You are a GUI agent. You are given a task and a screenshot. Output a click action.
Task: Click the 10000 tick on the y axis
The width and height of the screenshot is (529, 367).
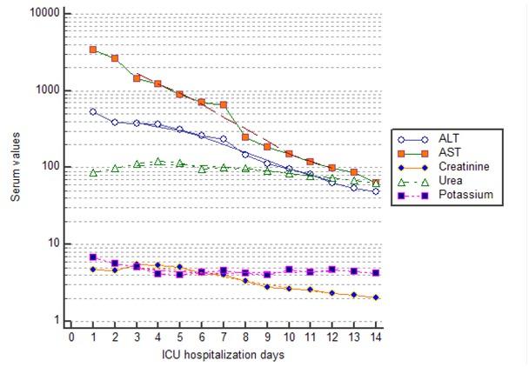click(45, 15)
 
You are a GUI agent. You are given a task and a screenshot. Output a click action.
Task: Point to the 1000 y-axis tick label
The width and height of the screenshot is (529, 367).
click(48, 90)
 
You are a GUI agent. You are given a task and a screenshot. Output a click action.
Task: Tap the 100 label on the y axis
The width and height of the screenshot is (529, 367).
click(50, 167)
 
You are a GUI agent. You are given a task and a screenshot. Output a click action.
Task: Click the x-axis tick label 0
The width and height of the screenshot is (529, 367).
click(71, 337)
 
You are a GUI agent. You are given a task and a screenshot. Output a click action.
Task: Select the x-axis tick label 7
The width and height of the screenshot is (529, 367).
click(224, 337)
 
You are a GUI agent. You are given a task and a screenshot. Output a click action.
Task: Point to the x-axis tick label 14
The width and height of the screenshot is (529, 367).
click(375, 337)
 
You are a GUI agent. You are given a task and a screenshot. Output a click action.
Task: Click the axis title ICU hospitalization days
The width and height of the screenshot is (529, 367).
click(223, 355)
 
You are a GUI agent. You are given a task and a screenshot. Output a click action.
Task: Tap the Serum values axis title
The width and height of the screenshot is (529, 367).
click(16, 170)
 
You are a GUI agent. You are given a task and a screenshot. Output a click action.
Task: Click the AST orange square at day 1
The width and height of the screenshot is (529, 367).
click(93, 50)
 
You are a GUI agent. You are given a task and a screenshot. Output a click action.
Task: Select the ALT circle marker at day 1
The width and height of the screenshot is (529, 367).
click(93, 111)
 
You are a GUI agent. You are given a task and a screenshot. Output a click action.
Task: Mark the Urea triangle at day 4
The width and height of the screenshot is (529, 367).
click(158, 161)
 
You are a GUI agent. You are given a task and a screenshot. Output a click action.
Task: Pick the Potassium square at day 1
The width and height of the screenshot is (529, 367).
click(93, 257)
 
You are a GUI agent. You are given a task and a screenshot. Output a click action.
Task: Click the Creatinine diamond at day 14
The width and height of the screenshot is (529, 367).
click(375, 297)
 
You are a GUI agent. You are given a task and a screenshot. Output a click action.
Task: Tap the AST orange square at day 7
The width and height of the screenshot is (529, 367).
click(224, 104)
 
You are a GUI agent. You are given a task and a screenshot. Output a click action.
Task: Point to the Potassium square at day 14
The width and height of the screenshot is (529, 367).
click(375, 272)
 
